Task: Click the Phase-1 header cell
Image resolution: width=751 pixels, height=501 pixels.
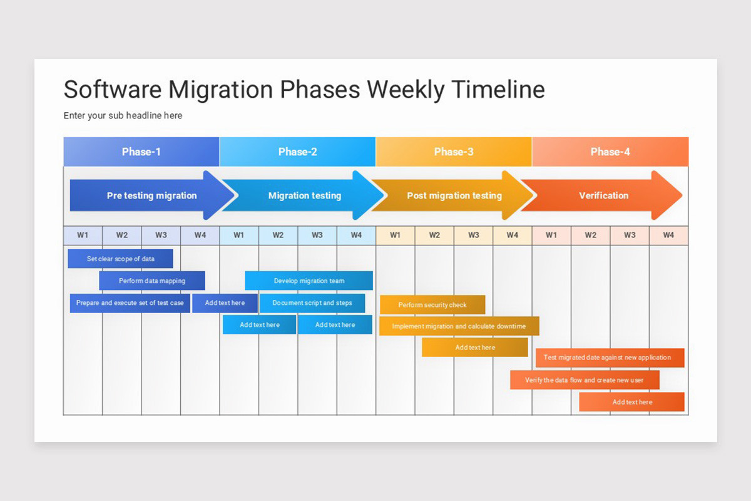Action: tap(141, 152)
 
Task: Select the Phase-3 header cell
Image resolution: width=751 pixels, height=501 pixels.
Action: tap(454, 152)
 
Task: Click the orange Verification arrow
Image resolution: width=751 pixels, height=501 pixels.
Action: tap(603, 195)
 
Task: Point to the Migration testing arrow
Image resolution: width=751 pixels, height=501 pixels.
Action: tap(305, 195)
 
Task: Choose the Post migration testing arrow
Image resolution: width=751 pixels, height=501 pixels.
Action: tap(454, 195)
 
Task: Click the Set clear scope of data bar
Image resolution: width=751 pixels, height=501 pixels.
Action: tap(120, 259)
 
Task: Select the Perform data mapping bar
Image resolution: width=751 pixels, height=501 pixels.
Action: tap(152, 281)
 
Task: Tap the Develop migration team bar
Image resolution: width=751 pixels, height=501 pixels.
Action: tap(309, 281)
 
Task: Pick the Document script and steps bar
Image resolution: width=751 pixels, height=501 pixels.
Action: tap(312, 303)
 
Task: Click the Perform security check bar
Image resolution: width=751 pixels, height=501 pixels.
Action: tap(432, 305)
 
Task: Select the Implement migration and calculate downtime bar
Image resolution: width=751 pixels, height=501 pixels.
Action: tap(459, 326)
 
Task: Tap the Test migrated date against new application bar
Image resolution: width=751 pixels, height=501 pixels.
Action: tap(610, 358)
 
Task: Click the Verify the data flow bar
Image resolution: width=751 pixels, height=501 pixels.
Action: tap(585, 380)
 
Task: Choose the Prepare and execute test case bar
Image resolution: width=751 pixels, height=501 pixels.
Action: tap(130, 303)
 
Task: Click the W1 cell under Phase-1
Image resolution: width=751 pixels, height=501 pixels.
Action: tap(83, 235)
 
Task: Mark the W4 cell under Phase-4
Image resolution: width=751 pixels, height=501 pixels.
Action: tap(668, 235)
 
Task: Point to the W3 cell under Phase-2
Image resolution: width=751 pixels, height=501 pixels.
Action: tap(317, 235)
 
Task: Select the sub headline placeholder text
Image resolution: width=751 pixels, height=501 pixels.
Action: tap(123, 116)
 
